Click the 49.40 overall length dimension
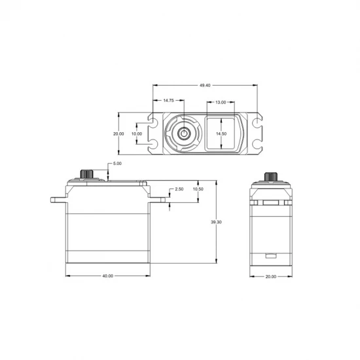pyautogui.click(x=205, y=85)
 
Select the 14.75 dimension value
pyautogui.click(x=168, y=100)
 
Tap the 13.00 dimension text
pyautogui.click(x=221, y=102)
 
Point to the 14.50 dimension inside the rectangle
pyautogui.click(x=221, y=134)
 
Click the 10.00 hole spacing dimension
pyautogui.click(x=137, y=134)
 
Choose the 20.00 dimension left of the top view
pyautogui.click(x=118, y=134)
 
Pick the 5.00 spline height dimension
pyautogui.click(x=117, y=164)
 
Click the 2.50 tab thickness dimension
pyautogui.click(x=179, y=189)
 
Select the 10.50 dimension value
pyautogui.click(x=198, y=189)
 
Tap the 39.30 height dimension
pyautogui.click(x=216, y=222)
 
